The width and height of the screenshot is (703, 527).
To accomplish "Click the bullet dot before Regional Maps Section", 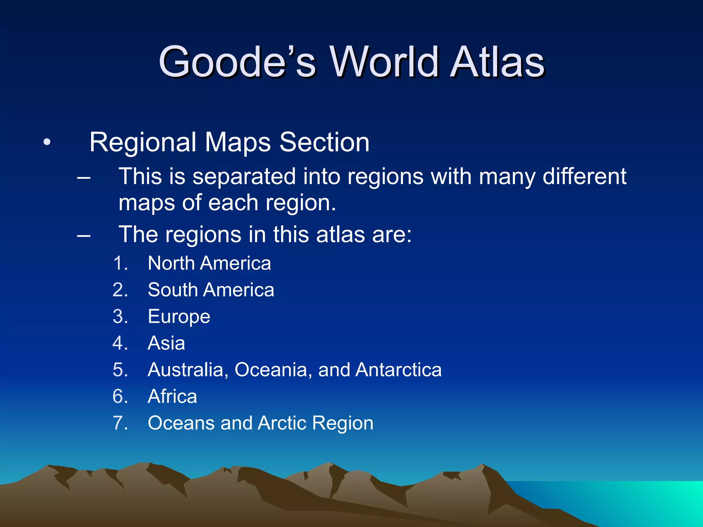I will click(47, 142).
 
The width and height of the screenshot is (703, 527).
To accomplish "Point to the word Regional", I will click(143, 142).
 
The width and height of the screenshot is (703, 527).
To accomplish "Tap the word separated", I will click(244, 177).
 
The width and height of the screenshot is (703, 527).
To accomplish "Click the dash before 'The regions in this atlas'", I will click(84, 235).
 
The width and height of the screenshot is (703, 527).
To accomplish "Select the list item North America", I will click(209, 263).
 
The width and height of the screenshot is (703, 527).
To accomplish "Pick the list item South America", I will click(211, 290).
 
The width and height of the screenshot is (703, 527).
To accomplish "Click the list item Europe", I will click(179, 317).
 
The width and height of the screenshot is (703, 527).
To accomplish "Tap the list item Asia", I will click(166, 343).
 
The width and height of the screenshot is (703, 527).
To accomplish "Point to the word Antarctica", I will click(398, 370).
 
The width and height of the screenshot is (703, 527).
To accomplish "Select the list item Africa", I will click(172, 397).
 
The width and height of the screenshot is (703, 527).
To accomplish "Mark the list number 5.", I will click(120, 370).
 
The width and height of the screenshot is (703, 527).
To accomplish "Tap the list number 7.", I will click(120, 423).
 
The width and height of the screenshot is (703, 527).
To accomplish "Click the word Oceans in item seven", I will click(181, 423).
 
